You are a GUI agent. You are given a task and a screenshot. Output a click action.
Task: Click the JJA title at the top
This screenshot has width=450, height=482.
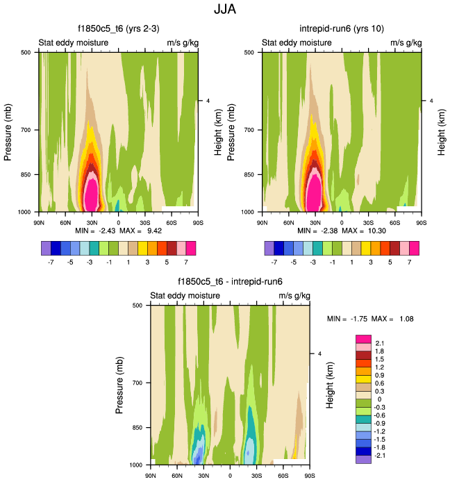point(224,11)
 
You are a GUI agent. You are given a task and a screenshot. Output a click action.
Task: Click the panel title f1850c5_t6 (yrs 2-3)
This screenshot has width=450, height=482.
point(118,28)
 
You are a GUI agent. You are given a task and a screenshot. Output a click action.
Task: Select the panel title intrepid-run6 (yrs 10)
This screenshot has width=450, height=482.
point(342,28)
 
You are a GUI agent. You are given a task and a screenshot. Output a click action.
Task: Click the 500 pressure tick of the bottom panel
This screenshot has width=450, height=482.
point(137,305)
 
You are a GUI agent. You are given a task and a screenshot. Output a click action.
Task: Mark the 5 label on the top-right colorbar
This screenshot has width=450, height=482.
point(394,263)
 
